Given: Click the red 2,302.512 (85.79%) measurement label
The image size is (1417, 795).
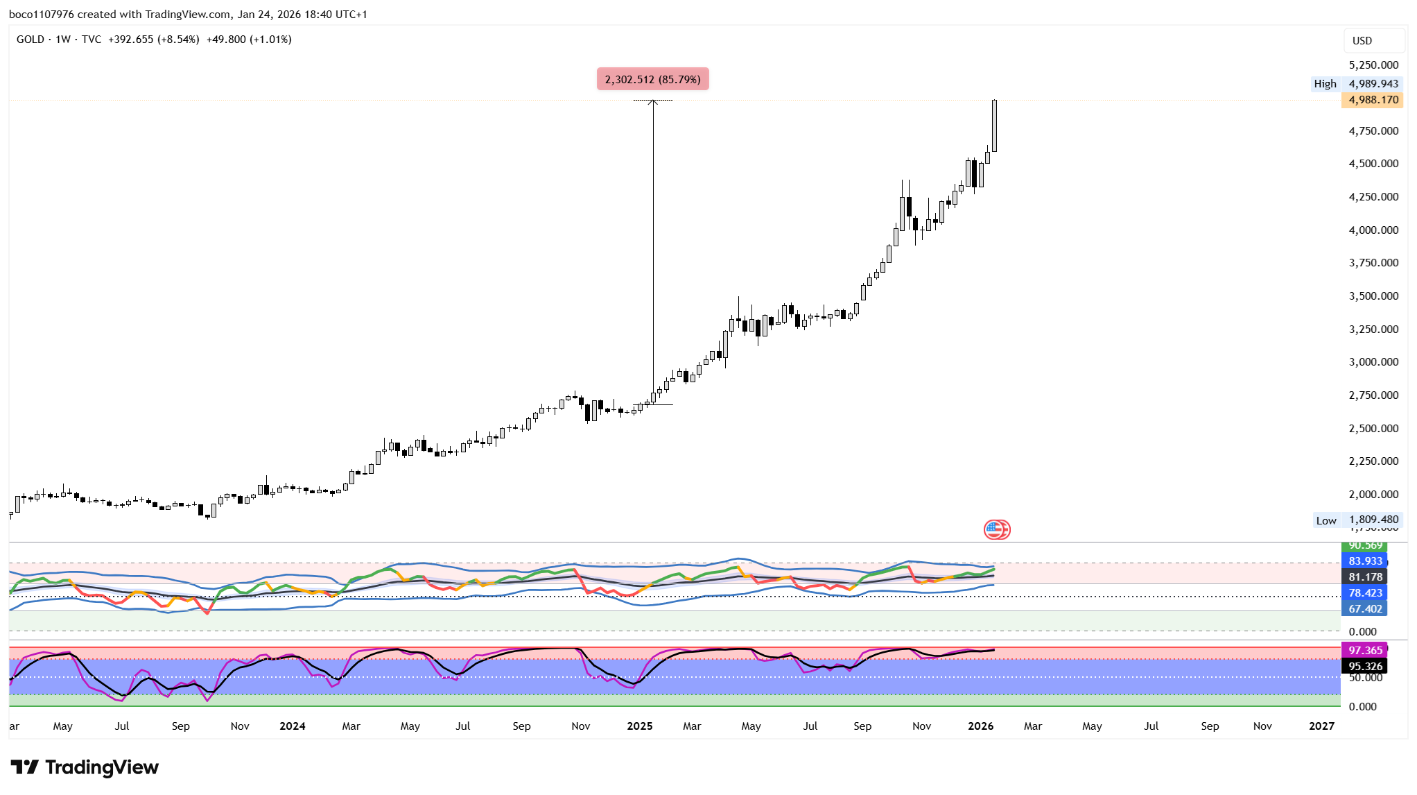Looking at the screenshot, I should (x=652, y=79).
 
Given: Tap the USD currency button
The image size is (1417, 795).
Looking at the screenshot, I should (x=1362, y=40).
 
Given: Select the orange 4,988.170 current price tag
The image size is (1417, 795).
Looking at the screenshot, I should (x=1373, y=100).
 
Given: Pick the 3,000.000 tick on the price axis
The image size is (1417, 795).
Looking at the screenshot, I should (x=1373, y=362).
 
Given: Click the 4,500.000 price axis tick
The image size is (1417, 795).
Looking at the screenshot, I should (x=1373, y=164).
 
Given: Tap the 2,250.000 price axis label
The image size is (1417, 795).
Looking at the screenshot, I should (x=1373, y=461).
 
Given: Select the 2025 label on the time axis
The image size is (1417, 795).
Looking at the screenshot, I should (x=639, y=726).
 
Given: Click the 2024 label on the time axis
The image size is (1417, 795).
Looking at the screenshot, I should (x=292, y=726).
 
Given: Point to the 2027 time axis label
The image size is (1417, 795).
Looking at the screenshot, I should (x=1321, y=726).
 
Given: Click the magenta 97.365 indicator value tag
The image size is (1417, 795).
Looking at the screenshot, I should (x=1365, y=650).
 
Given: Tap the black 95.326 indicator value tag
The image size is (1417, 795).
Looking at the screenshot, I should (x=1365, y=666).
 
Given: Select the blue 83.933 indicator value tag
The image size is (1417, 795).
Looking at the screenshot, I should (x=1365, y=561).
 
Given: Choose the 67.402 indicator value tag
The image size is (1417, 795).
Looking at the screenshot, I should (x=1365, y=608).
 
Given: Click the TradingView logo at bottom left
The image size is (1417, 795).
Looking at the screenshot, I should (x=85, y=767).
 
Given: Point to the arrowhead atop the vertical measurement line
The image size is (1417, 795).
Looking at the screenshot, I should (x=652, y=103).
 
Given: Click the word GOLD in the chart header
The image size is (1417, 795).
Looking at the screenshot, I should (x=31, y=40).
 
